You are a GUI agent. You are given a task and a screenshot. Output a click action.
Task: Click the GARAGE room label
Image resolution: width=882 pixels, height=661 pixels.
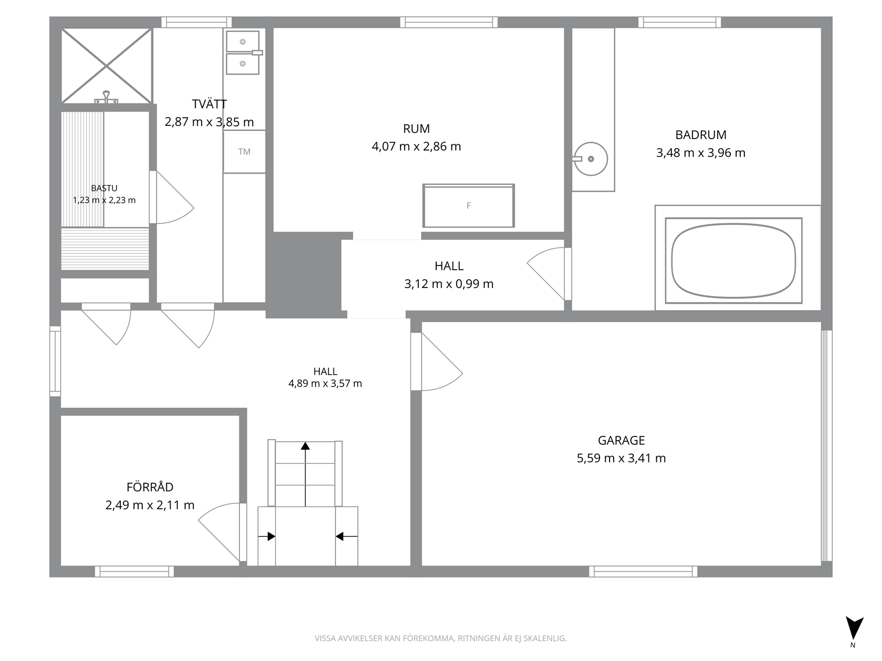click(621, 440)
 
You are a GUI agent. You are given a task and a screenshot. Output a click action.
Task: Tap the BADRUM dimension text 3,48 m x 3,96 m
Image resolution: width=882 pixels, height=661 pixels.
click(701, 153)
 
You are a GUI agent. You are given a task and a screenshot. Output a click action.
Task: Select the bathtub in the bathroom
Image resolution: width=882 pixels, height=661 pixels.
click(733, 261)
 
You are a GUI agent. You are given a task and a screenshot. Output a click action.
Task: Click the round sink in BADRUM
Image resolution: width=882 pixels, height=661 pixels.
click(590, 159)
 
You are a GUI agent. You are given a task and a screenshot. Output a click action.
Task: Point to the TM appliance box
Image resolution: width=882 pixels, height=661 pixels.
click(244, 152)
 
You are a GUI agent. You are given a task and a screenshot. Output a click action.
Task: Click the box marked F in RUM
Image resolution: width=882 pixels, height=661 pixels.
click(468, 206)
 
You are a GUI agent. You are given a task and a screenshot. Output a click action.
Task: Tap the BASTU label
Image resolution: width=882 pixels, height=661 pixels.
click(104, 188)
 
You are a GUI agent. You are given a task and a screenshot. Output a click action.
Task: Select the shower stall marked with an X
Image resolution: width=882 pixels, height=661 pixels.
click(107, 66)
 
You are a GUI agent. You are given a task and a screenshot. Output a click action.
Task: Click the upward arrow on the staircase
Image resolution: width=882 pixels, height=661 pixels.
click(306, 474)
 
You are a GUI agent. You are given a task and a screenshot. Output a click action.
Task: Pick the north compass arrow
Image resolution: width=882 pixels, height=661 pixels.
click(854, 628)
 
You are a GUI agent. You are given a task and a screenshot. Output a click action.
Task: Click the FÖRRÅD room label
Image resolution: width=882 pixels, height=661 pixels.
click(150, 487)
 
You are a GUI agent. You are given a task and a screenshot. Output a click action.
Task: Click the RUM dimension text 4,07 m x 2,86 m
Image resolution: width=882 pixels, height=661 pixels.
click(416, 146)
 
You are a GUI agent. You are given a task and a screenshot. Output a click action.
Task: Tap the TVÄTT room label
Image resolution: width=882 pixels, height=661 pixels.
click(209, 104)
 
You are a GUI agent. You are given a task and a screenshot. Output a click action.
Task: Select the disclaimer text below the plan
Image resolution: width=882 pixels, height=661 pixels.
click(441, 638)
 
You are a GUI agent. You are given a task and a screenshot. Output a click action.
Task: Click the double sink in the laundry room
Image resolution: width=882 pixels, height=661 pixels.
click(243, 52)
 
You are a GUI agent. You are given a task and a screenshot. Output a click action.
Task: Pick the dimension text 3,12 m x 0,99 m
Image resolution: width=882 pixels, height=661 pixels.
click(449, 284)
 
